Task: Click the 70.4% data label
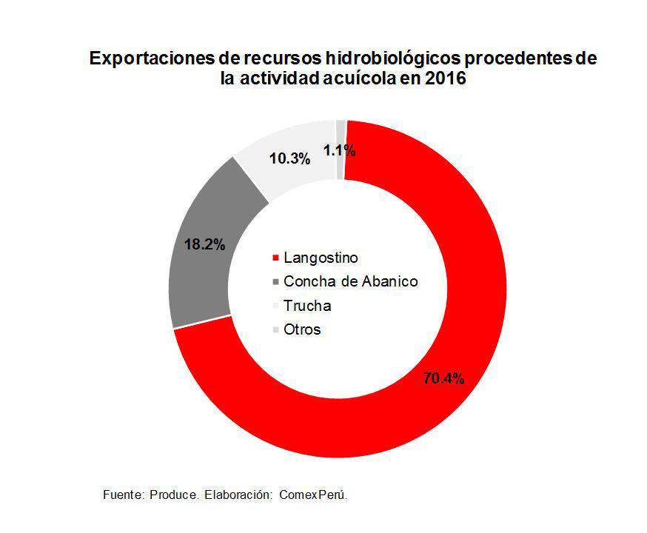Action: click(x=443, y=379)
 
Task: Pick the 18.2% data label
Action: click(x=204, y=244)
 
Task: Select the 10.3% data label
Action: click(x=289, y=158)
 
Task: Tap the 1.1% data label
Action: click(x=340, y=151)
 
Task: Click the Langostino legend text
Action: click(x=321, y=258)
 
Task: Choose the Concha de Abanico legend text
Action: click(x=351, y=282)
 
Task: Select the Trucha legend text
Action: click(x=307, y=306)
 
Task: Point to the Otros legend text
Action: click(x=302, y=329)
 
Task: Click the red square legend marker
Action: click(x=276, y=258)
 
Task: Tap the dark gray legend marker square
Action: click(x=276, y=282)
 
